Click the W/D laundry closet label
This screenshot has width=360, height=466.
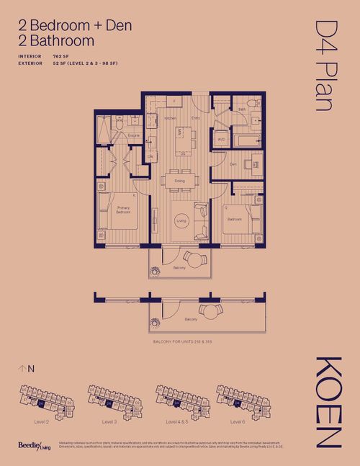(221, 139)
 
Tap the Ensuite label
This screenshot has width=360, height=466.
(134, 135)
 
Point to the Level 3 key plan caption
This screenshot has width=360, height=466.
(109, 421)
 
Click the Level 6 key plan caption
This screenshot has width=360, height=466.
(238, 421)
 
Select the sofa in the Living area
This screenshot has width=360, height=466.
(201, 221)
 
